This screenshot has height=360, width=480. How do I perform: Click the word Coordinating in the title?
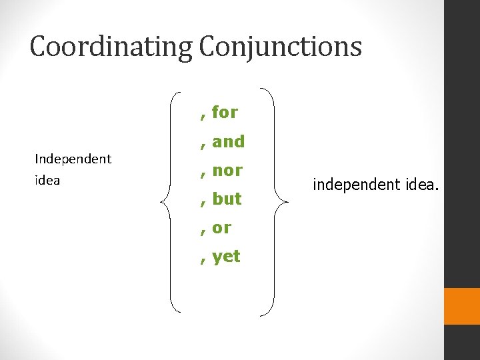(111, 47)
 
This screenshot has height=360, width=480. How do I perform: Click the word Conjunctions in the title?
(281, 47)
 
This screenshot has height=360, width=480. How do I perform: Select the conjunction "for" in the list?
(225, 112)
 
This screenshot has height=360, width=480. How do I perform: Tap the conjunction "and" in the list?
(229, 141)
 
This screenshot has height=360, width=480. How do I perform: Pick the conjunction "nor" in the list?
(227, 170)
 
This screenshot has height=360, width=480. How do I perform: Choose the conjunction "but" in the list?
(227, 199)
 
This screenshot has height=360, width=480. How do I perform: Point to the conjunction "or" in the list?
(222, 228)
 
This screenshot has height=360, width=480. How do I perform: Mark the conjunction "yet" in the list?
(226, 257)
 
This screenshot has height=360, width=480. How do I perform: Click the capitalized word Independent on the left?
(73, 159)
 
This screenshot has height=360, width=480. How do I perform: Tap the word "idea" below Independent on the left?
(47, 180)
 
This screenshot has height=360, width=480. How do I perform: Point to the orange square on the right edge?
(462, 306)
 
